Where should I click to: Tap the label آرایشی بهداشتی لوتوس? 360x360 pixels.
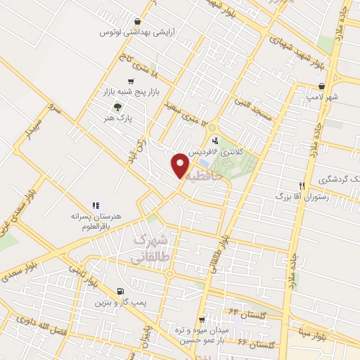(x=128, y=32)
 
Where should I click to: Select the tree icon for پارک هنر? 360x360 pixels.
(x=117, y=108)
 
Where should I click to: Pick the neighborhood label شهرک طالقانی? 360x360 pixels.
(x=150, y=249)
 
